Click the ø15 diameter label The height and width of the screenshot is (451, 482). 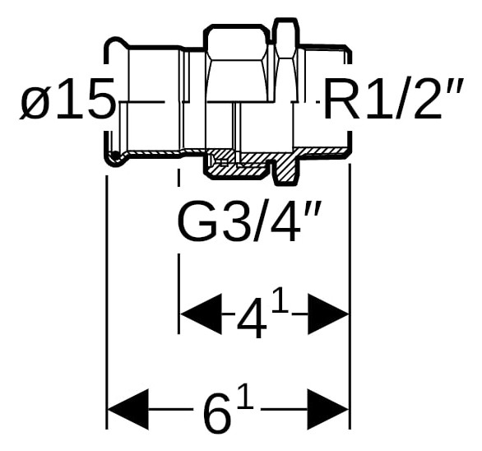point(67,100)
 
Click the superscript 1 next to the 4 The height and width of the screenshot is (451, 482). point(280,300)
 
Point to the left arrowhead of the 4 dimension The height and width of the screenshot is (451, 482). point(201,314)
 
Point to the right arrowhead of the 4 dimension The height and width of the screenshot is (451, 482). point(328,314)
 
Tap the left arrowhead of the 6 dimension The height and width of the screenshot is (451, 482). point(127,410)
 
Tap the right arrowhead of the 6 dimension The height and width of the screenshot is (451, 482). point(328,410)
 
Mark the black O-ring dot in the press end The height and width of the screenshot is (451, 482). point(114,154)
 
